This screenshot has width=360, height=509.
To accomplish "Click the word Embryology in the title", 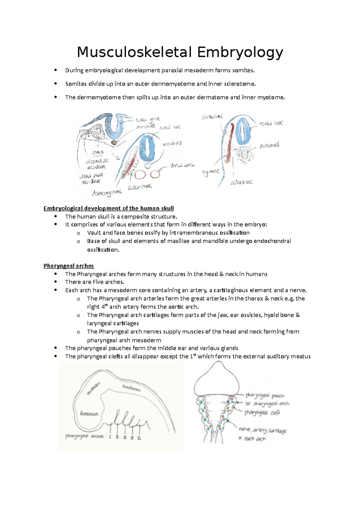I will (240, 52).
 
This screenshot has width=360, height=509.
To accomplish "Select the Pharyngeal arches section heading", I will (68, 266).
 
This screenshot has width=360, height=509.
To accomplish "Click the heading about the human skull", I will (109, 208).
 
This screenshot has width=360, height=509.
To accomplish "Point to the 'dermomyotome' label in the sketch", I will (107, 193).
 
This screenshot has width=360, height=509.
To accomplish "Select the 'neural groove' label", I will (148, 119).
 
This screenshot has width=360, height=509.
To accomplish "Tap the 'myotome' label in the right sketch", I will (211, 172).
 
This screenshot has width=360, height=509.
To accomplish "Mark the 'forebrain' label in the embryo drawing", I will (89, 414).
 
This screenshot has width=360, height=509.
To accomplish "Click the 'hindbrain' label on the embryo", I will (131, 388).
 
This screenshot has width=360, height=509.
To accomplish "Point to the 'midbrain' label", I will (93, 388).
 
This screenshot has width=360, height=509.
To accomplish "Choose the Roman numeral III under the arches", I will (125, 437).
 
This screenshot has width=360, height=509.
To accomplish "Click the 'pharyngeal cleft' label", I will (262, 413).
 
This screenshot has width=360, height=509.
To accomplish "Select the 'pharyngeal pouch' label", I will (265, 395).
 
